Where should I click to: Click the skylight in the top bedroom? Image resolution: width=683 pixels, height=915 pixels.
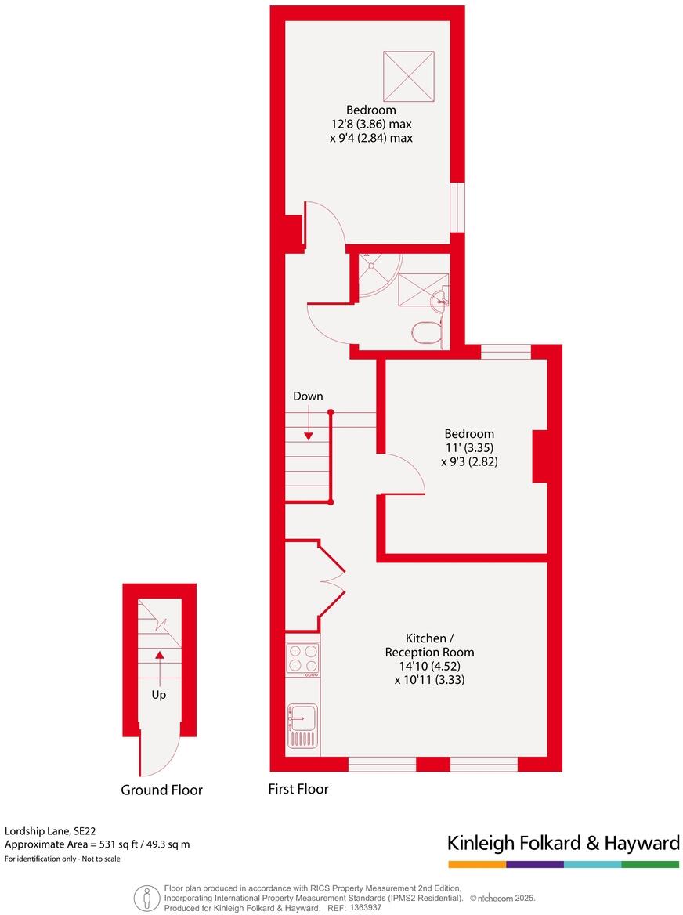(x=409, y=76)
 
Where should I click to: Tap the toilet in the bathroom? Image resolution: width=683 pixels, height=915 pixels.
(x=425, y=331)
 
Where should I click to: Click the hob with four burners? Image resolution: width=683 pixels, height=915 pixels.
(x=303, y=658)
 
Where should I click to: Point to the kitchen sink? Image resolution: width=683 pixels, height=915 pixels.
(x=302, y=716)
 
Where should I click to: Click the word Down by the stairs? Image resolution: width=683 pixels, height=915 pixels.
(x=308, y=396)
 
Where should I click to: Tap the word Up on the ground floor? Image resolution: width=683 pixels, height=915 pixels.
(x=159, y=694)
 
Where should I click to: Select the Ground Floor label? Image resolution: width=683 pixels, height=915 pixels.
(x=161, y=790)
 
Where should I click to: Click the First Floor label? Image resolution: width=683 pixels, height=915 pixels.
(x=298, y=789)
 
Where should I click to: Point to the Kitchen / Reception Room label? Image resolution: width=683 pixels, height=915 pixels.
(x=429, y=645)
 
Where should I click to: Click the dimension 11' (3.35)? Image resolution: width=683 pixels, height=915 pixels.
(x=469, y=448)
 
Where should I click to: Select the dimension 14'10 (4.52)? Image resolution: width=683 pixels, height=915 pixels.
(x=429, y=666)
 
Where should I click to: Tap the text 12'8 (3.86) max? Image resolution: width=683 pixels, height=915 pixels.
(x=371, y=124)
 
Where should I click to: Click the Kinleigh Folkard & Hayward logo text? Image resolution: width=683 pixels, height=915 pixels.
(x=563, y=843)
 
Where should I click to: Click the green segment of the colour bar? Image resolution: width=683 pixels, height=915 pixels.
(x=650, y=864)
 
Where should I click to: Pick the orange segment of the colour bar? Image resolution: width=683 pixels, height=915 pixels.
(x=477, y=864)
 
